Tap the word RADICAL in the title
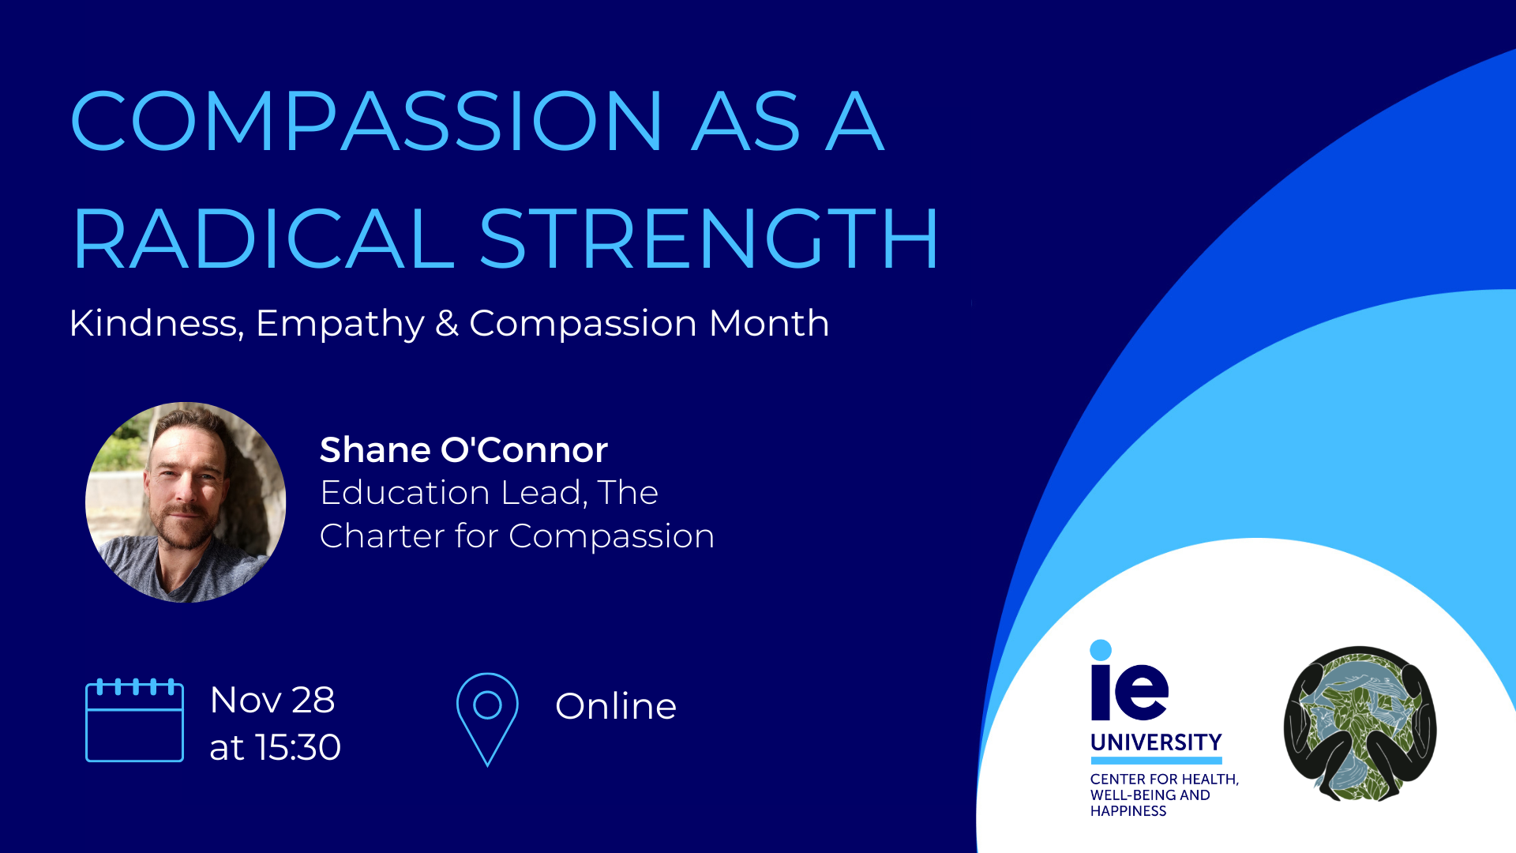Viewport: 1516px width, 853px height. click(264, 238)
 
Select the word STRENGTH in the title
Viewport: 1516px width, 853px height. click(709, 238)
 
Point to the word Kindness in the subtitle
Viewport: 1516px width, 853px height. click(156, 323)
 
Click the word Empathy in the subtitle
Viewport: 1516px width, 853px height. click(340, 325)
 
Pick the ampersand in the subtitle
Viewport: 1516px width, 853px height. click(447, 323)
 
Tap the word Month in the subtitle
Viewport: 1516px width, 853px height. click(769, 323)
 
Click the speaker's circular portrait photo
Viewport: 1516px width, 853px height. click(186, 502)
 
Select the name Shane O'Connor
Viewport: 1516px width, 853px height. click(463, 449)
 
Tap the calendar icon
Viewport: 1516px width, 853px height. click(134, 720)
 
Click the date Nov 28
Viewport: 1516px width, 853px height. click(272, 700)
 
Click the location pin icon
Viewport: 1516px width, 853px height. click(487, 720)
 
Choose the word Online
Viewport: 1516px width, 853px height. click(616, 706)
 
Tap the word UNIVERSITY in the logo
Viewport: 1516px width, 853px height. click(1156, 742)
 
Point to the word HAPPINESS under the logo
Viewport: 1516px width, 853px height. click(1128, 811)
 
